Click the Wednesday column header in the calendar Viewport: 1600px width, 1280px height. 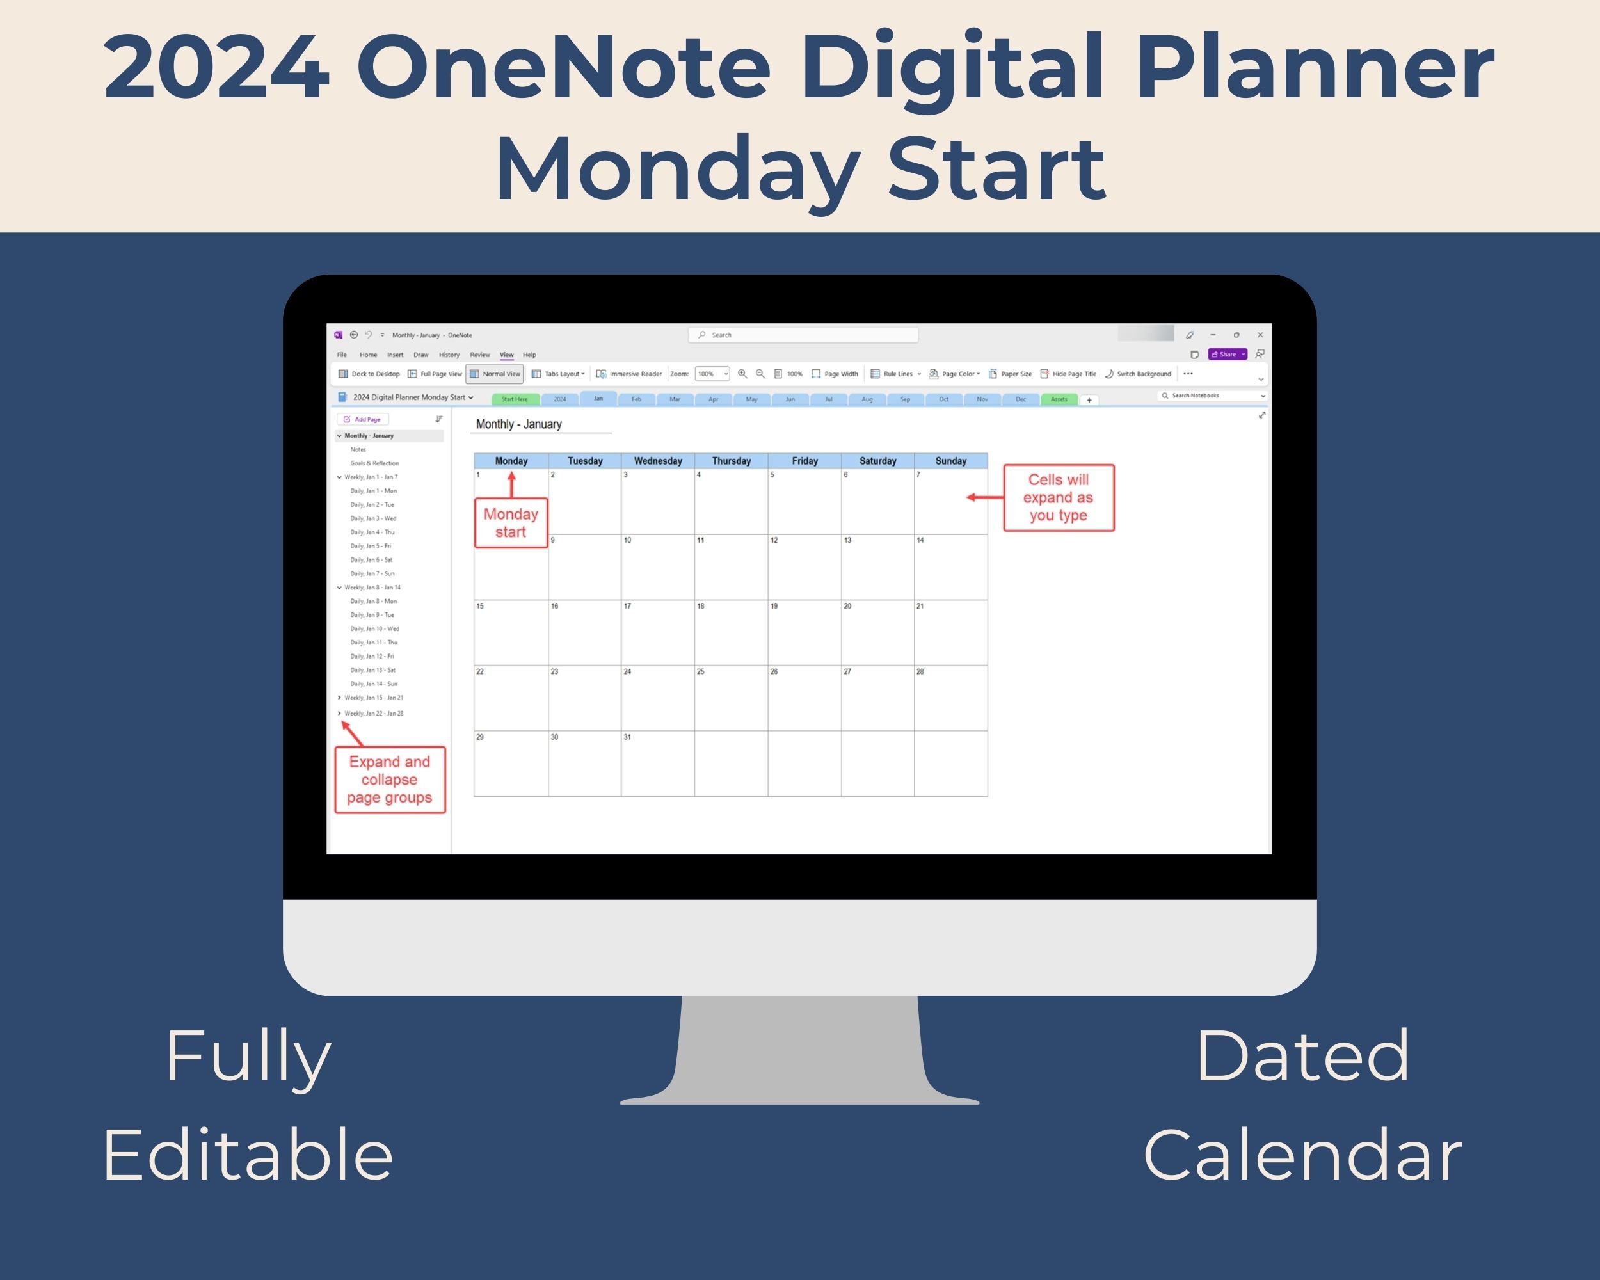pos(657,461)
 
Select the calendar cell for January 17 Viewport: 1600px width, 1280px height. pos(657,632)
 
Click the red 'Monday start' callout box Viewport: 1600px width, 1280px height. pos(511,523)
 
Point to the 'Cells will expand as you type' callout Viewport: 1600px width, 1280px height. pos(1059,497)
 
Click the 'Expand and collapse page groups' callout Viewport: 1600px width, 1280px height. pos(390,779)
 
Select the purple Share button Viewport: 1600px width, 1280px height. pos(1227,354)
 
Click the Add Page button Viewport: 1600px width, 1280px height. pos(363,419)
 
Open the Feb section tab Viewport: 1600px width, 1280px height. pos(636,399)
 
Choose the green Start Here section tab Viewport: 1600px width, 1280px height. pos(515,399)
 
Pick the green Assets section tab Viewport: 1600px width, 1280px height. pos(1059,399)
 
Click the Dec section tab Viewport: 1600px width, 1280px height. pos(1020,399)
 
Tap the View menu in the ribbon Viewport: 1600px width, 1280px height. pos(506,355)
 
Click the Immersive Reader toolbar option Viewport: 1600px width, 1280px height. pos(629,374)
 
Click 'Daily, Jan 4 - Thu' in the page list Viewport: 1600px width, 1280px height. pos(372,532)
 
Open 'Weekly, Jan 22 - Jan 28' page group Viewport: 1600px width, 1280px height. pos(373,713)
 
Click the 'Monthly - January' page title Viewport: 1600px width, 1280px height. pos(519,424)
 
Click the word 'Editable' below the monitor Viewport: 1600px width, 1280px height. pos(248,1155)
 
